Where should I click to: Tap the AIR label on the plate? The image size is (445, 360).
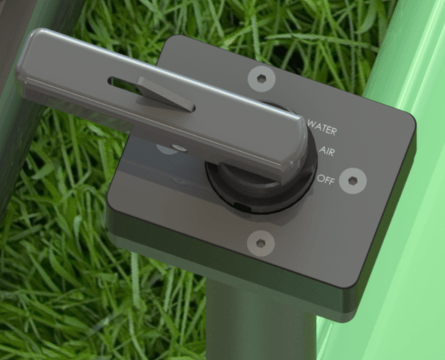point(326,151)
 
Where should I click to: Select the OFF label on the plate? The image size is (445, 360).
point(326,179)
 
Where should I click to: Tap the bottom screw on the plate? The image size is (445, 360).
point(261,243)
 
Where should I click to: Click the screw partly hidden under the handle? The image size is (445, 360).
point(169,148)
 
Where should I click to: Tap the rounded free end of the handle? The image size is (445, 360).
point(33,65)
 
